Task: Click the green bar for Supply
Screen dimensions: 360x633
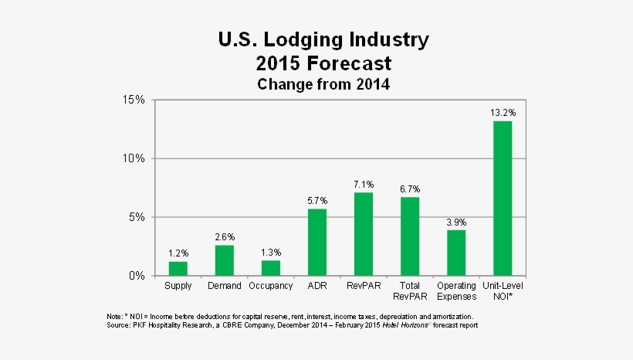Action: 178,268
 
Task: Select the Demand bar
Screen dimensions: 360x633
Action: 225,260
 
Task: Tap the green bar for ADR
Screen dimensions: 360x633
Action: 317,242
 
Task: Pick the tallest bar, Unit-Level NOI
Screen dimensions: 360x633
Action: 503,198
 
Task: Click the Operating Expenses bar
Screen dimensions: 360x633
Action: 456,253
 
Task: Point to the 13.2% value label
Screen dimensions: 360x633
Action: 503,113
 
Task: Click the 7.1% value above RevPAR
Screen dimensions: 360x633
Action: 364,184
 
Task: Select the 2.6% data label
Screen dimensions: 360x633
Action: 225,236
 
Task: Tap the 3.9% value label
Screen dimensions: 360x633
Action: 456,222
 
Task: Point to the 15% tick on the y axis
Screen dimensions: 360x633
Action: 133,100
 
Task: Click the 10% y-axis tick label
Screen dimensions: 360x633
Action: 133,158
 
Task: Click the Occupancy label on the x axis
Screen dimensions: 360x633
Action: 271,287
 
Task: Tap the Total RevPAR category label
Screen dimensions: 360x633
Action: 410,291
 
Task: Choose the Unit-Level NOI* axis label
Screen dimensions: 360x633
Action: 503,291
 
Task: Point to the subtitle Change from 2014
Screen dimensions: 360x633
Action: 323,83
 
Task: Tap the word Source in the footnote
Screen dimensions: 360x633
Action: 119,325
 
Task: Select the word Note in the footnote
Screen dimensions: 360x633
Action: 114,317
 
